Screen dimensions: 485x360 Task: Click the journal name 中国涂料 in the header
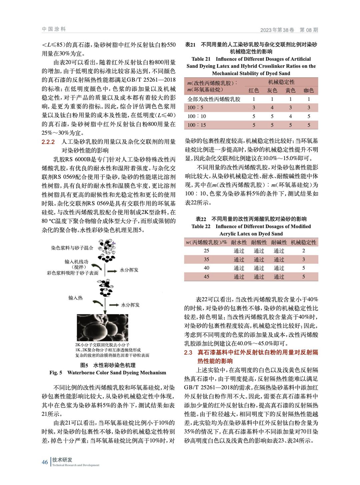[54, 29]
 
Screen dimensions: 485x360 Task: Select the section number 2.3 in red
[188, 352]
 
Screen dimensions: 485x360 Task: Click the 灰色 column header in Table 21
[272, 90]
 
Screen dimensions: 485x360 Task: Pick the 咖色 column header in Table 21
[309, 90]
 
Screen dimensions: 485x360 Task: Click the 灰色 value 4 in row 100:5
[272, 108]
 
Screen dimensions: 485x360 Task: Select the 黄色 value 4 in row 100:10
[290, 116]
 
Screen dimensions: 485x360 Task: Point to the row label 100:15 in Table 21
[197, 125]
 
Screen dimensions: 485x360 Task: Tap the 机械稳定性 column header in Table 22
[303, 242]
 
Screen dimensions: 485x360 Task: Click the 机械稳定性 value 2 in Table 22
[303, 251]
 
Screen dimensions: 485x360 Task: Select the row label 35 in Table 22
[206, 260]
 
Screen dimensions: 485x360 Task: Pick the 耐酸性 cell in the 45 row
[259, 277]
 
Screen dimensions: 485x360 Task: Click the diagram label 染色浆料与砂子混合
[72, 248]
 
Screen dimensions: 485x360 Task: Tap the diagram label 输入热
[75, 298]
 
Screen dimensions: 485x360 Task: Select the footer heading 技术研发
[62, 460]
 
